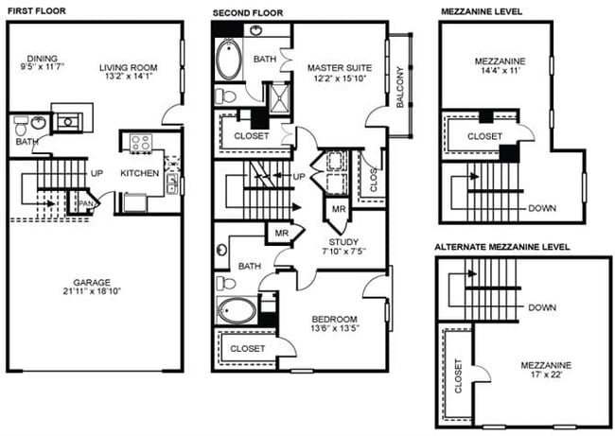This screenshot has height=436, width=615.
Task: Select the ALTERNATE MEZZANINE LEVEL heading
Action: [501, 247]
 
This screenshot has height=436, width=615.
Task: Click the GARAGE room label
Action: [94, 282]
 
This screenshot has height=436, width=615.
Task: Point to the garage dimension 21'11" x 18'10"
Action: [94, 293]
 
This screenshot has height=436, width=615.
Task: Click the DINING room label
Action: [43, 57]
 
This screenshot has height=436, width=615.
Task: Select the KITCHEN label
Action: [138, 173]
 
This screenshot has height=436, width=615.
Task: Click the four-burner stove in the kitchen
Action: [141, 144]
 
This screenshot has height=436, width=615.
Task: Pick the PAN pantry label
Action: [85, 202]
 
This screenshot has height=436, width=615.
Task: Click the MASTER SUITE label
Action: [340, 68]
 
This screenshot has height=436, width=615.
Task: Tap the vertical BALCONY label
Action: [400, 86]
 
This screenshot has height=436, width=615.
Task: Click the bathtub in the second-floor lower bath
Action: [233, 310]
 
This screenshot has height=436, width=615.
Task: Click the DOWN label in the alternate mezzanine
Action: [542, 307]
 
